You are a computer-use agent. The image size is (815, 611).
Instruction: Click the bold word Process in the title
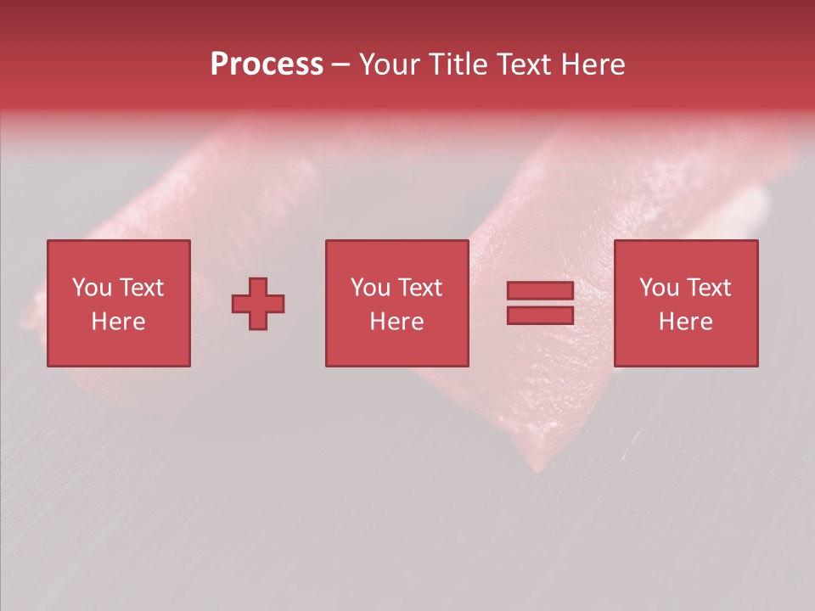267,64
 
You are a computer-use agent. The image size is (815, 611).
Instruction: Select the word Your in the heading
388,64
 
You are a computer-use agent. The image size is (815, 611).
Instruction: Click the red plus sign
258,304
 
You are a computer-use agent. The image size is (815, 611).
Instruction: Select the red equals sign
540,304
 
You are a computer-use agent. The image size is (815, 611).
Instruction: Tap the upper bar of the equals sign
540,291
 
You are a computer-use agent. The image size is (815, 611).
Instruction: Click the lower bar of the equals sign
540,316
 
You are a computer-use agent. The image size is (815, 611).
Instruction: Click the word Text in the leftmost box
141,288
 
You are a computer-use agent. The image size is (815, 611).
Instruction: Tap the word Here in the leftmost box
118,322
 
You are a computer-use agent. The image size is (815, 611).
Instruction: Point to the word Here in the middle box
396,322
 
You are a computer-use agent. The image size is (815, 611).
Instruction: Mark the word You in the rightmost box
659,288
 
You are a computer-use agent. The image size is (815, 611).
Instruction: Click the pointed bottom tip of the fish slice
537,466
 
